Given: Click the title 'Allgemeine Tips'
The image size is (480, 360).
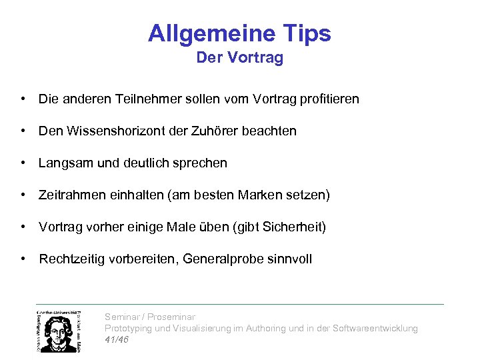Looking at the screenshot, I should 239,33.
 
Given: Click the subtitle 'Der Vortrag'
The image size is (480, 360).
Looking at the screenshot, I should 239,58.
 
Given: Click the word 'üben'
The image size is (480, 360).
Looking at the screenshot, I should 213,227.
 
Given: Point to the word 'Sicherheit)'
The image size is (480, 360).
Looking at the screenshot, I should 293,227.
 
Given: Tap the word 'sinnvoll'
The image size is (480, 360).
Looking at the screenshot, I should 289,259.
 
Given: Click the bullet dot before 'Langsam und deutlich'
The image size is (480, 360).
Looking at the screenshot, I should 23,163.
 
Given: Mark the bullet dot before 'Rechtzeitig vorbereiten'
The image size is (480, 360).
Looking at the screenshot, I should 23,259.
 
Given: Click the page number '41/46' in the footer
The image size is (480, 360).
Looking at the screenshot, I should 117,339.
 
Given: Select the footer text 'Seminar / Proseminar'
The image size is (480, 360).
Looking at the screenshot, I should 150,317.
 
